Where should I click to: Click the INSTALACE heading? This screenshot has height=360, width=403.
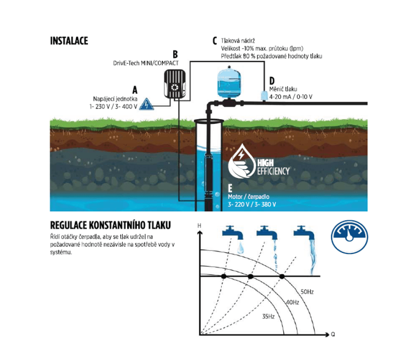69,41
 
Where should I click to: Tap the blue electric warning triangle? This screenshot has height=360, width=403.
147,104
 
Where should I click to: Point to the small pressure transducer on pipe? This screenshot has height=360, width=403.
263,95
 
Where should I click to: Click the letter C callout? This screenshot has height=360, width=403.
215,41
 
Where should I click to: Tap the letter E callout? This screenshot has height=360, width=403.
230,189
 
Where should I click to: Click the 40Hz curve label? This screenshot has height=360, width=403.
292,302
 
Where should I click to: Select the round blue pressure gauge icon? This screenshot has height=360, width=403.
349,237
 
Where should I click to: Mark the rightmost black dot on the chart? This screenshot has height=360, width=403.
282,277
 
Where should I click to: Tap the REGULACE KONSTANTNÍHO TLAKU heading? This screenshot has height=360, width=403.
110,225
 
